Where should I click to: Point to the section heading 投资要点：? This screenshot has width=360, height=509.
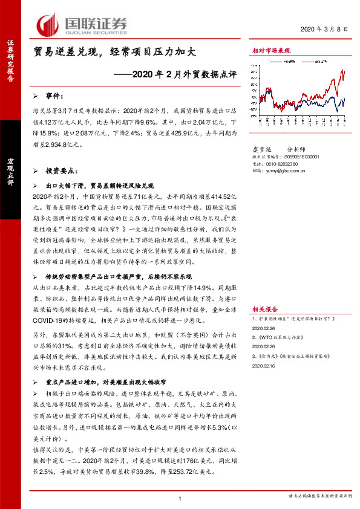point(62,172)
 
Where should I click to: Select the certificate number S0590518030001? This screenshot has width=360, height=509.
point(299,156)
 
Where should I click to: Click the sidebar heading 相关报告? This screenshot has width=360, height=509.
point(265,308)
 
